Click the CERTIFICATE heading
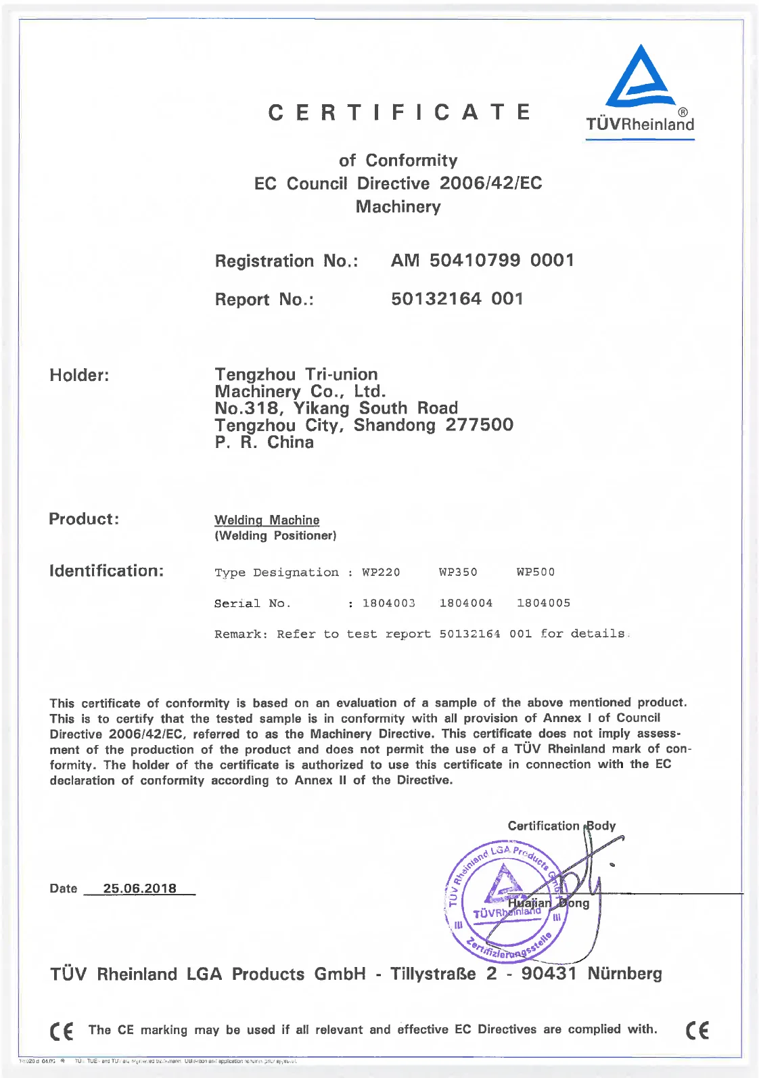399,112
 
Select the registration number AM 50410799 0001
482,261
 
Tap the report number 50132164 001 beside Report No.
457,299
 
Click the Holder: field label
79,376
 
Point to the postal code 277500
479,425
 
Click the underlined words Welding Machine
267,520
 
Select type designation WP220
381,572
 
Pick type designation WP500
535,572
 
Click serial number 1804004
465,603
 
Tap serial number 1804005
543,603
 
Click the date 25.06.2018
139,889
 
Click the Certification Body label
561,826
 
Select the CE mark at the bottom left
62,1031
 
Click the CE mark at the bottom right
697,1031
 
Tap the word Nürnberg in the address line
624,974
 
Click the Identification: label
106,571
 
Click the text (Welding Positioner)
275,536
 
